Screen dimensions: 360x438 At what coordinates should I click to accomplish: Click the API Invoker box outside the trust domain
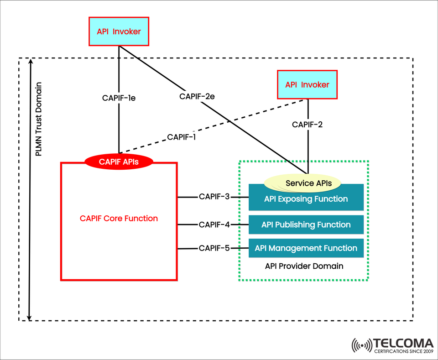pos(119,31)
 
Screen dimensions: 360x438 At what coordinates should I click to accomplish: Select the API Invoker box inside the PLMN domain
pos(307,84)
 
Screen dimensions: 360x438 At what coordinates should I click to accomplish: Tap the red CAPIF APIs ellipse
pos(119,161)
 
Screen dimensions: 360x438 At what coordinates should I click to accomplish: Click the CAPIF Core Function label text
pos(119,219)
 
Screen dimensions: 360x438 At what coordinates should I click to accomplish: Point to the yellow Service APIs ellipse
pos(302,183)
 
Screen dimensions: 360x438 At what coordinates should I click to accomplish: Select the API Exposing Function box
pos(306,199)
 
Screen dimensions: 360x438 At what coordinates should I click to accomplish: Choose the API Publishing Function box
pos(306,224)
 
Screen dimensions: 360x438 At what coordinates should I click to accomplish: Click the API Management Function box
pos(306,248)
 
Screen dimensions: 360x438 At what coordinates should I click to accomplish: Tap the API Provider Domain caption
pos(304,266)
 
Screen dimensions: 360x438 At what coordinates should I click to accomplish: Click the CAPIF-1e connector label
pos(119,97)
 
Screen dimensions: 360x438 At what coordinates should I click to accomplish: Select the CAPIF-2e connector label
pos(197,96)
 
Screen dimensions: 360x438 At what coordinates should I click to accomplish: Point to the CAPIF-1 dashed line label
pos(181,137)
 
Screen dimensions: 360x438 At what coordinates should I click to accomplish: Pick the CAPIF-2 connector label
pos(308,124)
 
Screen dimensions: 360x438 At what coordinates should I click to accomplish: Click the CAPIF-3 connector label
pos(214,197)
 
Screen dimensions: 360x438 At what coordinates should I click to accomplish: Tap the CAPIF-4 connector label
pos(214,224)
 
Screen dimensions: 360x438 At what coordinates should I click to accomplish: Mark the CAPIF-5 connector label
pos(214,248)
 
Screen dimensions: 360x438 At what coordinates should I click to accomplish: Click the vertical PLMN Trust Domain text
pos(39,120)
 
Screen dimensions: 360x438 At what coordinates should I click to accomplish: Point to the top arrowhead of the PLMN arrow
pos(30,61)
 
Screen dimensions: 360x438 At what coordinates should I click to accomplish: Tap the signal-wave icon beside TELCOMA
pos(362,346)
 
